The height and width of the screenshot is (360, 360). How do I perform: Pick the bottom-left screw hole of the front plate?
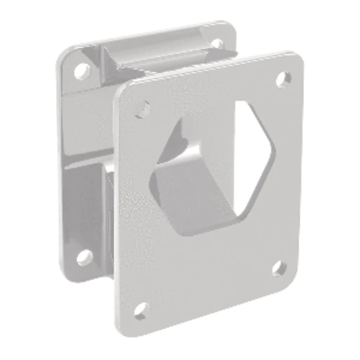tap(141, 310)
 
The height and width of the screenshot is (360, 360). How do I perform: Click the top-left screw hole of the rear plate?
tap(82, 70)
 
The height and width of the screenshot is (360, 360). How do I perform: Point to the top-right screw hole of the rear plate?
tap(217, 44)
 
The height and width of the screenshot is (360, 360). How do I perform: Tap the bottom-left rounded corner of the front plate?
tap(124, 329)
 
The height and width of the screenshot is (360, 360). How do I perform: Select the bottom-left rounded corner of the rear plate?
tap(67, 274)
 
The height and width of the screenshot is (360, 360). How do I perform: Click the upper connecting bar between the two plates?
tap(158, 54)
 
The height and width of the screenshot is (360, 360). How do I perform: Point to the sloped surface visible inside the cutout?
tap(202, 202)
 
